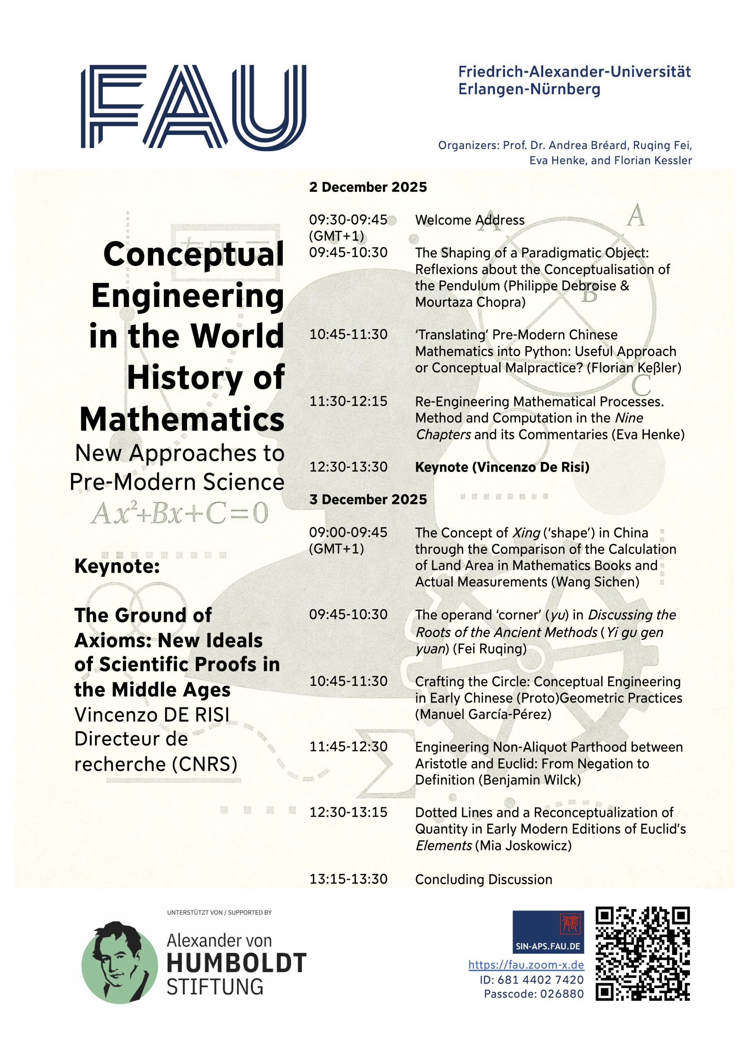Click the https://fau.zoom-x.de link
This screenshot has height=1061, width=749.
coord(526,965)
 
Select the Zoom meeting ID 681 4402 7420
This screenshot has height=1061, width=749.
coord(531,980)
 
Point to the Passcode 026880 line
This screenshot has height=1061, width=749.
coord(533,994)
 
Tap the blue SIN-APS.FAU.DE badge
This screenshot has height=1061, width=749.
coord(548,932)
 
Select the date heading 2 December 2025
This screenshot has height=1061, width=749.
coord(368,187)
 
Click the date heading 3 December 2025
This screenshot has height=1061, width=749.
coord(368,499)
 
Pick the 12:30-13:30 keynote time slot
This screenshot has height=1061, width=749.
coord(348,467)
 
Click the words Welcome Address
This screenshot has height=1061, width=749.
coord(470,220)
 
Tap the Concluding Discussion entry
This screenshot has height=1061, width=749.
coord(484,879)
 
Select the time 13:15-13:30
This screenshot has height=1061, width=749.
coord(348,879)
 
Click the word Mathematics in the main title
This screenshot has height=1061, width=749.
coord(182,419)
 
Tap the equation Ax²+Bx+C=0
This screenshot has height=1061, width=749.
coord(180,514)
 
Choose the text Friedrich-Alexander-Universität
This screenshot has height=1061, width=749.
coord(574,72)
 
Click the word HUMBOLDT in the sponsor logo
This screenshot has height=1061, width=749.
coord(236,964)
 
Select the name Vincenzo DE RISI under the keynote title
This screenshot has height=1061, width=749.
coord(152,715)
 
